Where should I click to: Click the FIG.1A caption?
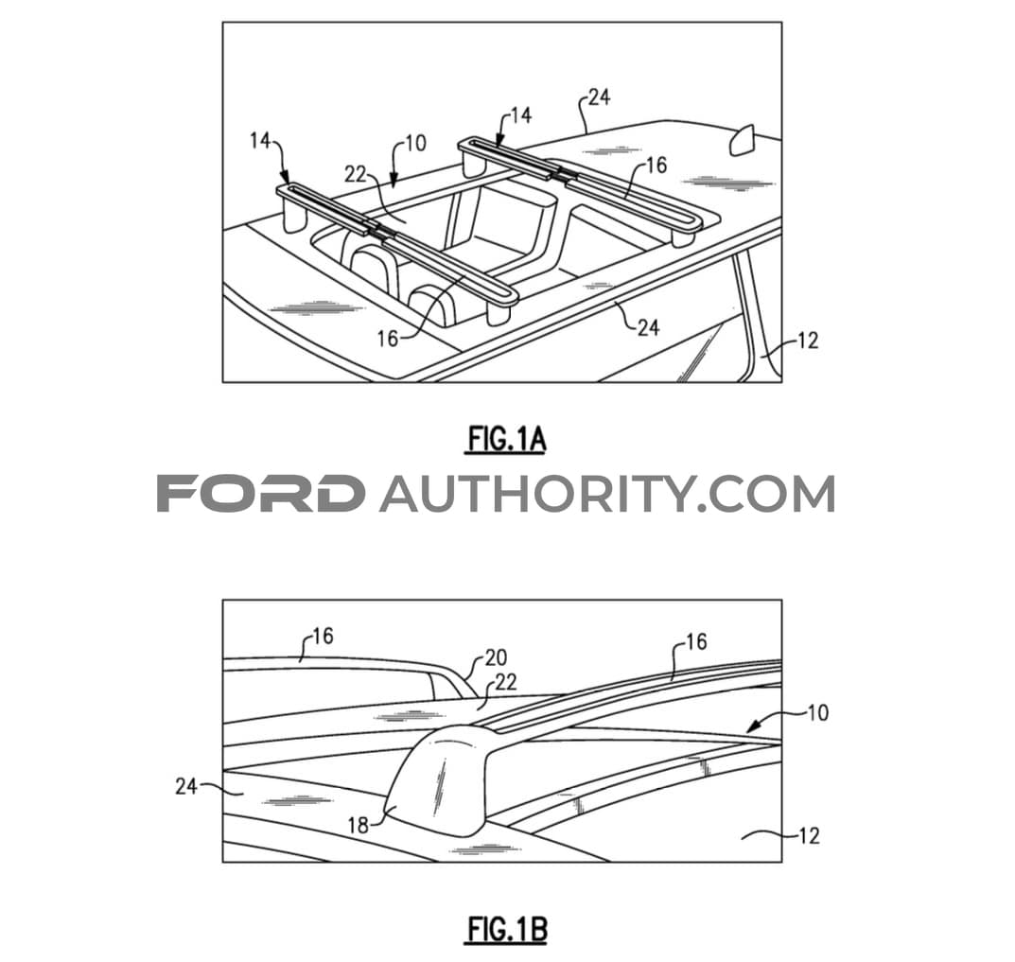click(507, 440)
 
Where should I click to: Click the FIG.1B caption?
click(507, 930)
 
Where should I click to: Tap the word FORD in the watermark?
click(259, 494)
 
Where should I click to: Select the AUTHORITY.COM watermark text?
click(607, 494)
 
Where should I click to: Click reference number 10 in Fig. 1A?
click(415, 143)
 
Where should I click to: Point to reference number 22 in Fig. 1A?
click(355, 174)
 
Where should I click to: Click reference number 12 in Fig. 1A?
click(807, 340)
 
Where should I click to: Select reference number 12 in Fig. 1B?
click(809, 835)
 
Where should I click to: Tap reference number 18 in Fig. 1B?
click(358, 825)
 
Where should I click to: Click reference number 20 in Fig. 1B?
click(496, 657)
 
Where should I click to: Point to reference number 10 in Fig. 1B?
click(818, 712)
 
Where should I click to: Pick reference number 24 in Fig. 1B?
click(186, 786)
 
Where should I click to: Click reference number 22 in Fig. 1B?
click(505, 682)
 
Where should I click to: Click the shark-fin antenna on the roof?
click(742, 141)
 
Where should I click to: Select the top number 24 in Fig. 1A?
click(600, 97)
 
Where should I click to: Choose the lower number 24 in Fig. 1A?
click(649, 327)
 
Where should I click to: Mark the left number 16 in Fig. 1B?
click(323, 637)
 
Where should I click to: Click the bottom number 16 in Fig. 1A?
click(388, 338)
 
